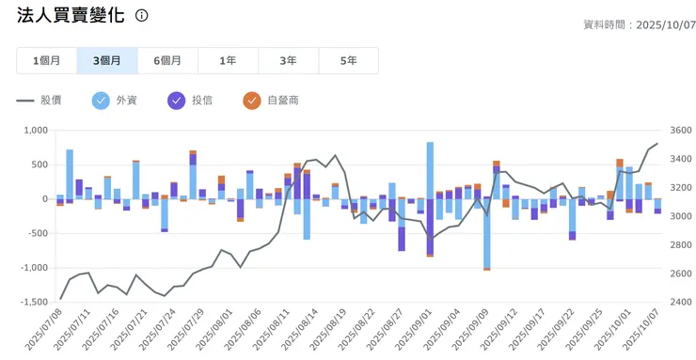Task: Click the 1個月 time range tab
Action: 46,60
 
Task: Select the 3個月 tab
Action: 106,60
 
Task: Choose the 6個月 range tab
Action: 167,60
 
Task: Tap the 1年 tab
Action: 228,60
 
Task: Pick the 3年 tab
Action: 288,60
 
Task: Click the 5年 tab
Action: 348,60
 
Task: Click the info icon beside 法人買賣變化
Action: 142,16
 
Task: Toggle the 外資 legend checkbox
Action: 101,100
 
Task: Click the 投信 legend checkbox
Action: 176,100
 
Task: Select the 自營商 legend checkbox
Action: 251,100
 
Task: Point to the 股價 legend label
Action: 51,100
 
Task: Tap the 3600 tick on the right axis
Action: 679,131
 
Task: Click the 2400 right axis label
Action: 679,302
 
